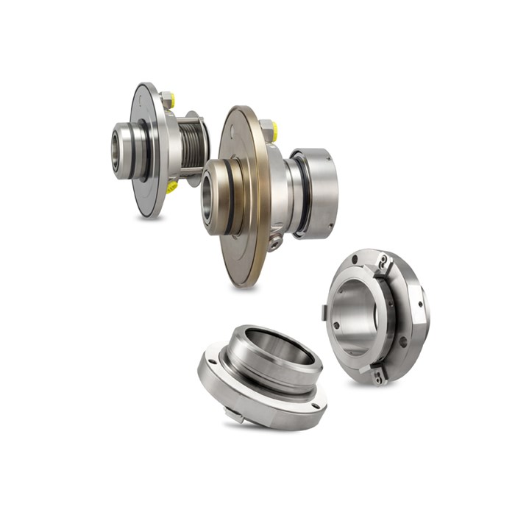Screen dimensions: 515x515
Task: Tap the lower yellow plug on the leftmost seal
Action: pyautogui.click(x=171, y=187)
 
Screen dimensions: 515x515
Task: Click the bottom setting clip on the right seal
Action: pyautogui.click(x=379, y=375)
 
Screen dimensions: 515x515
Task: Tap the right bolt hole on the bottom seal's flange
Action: pyautogui.click(x=315, y=405)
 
